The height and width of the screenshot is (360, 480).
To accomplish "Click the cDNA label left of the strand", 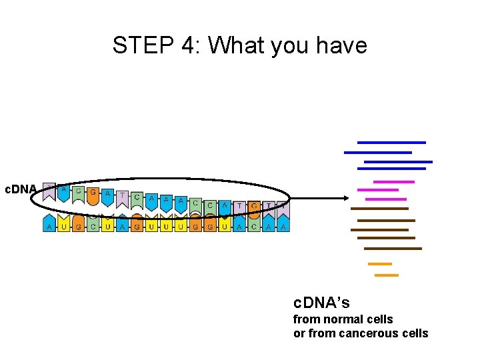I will coord(21,189).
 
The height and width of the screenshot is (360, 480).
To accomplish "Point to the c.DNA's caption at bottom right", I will coord(321,303).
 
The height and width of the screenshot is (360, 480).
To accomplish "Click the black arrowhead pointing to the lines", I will coord(343,197).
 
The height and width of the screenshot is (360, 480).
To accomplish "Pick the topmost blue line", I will coord(391,142).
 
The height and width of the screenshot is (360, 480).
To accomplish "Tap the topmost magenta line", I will coord(393,181).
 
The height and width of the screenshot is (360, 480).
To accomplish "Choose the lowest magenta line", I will coord(386,199).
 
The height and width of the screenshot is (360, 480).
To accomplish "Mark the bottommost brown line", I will coord(393,249).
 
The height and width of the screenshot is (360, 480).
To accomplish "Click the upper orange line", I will coord(379,264).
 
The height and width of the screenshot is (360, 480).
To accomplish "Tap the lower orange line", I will coord(386,275).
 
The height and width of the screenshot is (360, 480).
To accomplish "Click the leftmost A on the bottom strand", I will coord(49,227).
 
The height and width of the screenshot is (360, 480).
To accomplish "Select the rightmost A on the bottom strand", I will coord(283,227).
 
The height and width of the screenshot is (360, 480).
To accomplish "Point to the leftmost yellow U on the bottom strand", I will coord(64,227).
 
